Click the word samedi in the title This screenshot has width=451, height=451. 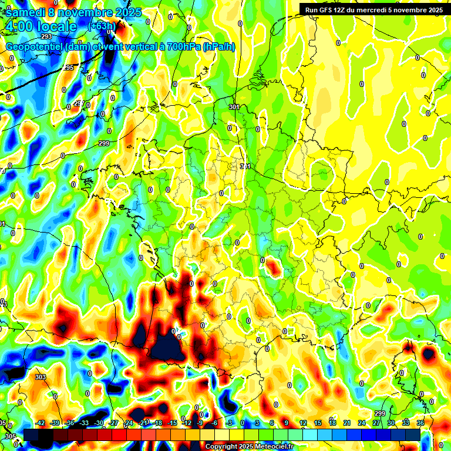click(x=23, y=12)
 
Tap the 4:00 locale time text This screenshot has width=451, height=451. click(x=42, y=26)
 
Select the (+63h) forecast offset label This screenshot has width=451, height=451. click(x=102, y=26)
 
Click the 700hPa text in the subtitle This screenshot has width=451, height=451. click(x=180, y=47)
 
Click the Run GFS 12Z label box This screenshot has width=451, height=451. click(x=373, y=9)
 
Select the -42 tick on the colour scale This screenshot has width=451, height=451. click(x=41, y=423)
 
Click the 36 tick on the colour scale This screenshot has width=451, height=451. click(x=420, y=423)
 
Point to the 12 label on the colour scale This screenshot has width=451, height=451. click(x=303, y=423)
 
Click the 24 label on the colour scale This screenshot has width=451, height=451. click(x=361, y=423)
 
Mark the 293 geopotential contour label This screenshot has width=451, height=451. click(x=46, y=53)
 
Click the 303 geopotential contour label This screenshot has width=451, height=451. click(x=40, y=377)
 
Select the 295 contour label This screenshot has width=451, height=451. click(x=68, y=68)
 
